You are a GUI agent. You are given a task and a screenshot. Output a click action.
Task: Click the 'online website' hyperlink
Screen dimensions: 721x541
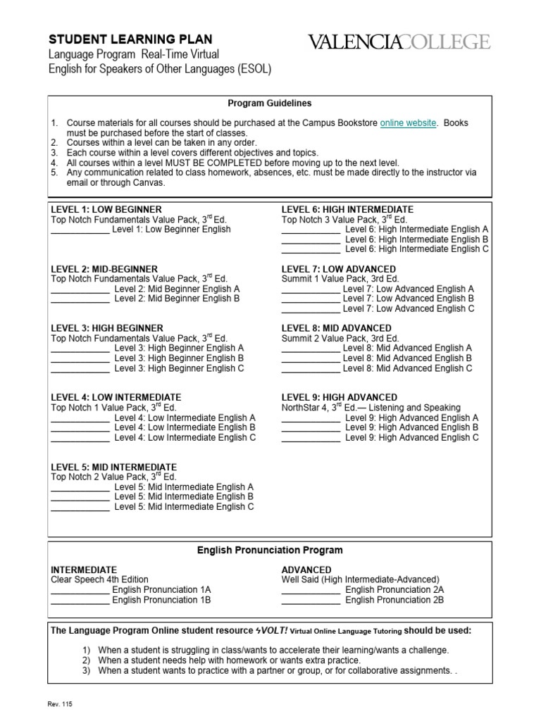coord(408,123)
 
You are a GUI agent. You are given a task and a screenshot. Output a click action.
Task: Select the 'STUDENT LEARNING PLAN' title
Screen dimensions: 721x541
coord(130,39)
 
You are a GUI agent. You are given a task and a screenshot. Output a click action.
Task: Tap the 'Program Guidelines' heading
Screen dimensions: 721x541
coord(270,104)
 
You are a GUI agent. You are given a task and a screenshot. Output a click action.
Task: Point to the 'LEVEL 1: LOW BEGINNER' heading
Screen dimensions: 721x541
coord(106,210)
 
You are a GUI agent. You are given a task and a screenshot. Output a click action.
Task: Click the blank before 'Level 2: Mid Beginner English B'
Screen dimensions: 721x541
coord(80,299)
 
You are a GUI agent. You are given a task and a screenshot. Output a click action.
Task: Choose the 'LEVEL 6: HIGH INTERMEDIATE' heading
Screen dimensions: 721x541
coord(347,210)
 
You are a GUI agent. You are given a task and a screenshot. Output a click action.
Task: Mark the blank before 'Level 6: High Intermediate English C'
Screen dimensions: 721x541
coord(311,250)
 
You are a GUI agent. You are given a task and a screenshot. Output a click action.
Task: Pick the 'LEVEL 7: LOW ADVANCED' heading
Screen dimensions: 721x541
coord(339,270)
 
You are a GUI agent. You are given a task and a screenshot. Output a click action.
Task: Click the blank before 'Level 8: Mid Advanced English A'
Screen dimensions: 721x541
coord(311,349)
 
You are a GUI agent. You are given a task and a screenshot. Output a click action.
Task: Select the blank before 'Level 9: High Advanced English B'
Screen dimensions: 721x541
coord(311,428)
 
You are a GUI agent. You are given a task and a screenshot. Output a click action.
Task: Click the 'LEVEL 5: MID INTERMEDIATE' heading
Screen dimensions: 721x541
coord(113,467)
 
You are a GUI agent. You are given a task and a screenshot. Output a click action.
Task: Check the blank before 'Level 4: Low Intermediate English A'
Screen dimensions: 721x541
coord(80,418)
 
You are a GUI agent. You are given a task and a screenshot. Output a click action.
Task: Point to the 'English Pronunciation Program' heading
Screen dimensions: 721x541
coord(270,550)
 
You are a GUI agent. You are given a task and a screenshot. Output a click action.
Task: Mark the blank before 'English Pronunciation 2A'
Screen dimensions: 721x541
coord(311,591)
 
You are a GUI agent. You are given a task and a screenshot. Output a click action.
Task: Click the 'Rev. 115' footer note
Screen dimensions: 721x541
coord(61,703)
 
